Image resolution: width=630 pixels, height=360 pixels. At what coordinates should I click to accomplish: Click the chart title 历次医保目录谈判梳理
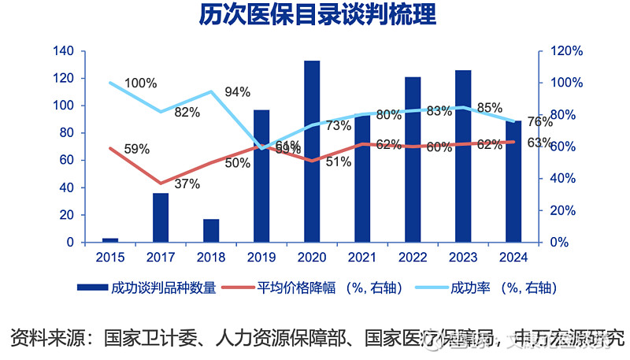(x=316, y=16)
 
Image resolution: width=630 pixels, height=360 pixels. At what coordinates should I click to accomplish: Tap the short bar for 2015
(x=110, y=239)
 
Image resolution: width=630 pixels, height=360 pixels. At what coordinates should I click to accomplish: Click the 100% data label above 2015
(x=141, y=84)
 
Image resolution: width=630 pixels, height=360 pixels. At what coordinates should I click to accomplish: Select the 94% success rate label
(x=237, y=91)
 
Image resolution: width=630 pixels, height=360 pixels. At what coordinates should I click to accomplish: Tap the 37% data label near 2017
(x=186, y=184)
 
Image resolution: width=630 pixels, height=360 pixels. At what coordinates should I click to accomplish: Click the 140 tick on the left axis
(x=64, y=51)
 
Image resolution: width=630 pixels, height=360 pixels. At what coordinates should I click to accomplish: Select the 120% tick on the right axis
(x=565, y=51)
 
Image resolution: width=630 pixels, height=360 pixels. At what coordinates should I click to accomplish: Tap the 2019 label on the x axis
(x=261, y=257)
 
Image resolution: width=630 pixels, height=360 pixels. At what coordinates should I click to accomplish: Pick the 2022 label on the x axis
(x=413, y=257)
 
